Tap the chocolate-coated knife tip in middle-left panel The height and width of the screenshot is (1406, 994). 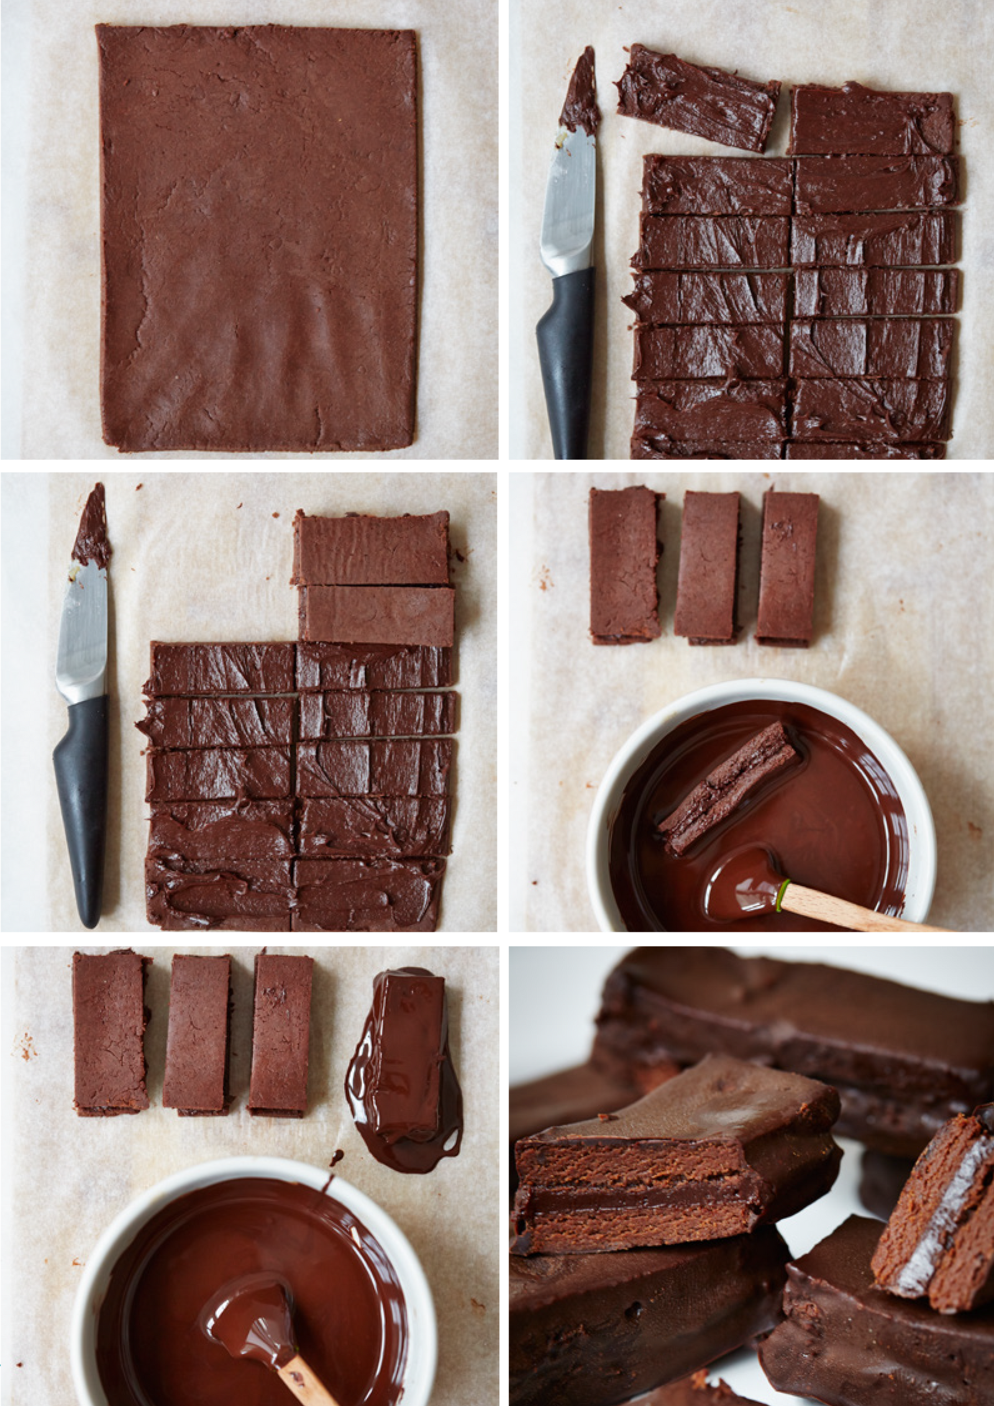click(x=93, y=528)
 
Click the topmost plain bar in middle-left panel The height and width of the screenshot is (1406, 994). click(x=372, y=548)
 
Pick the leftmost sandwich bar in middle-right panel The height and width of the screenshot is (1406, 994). click(x=624, y=565)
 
